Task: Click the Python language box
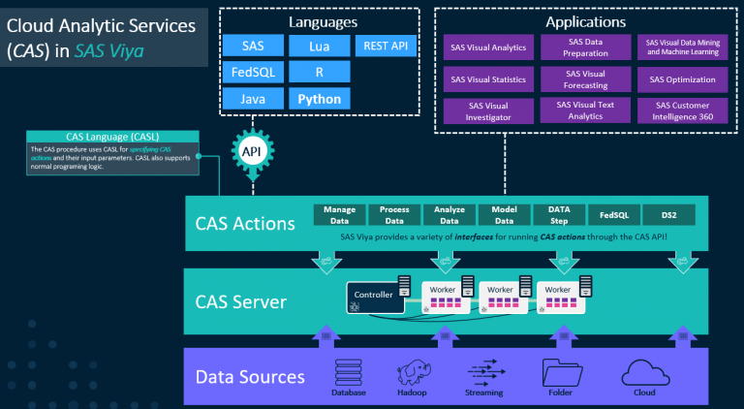click(319, 99)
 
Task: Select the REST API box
click(386, 46)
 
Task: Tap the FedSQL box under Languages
click(253, 73)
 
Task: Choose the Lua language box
click(319, 46)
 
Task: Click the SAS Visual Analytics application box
click(487, 46)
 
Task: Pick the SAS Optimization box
click(682, 79)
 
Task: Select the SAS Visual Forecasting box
click(585, 79)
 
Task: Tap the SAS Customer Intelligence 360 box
click(682, 110)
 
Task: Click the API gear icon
click(250, 153)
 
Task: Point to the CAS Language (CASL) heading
click(112, 137)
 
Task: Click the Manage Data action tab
click(340, 215)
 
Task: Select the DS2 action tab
click(668, 215)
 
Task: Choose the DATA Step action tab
click(559, 215)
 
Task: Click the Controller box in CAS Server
click(374, 297)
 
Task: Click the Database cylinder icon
click(348, 371)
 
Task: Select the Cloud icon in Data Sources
click(638, 371)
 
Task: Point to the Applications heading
click(585, 21)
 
